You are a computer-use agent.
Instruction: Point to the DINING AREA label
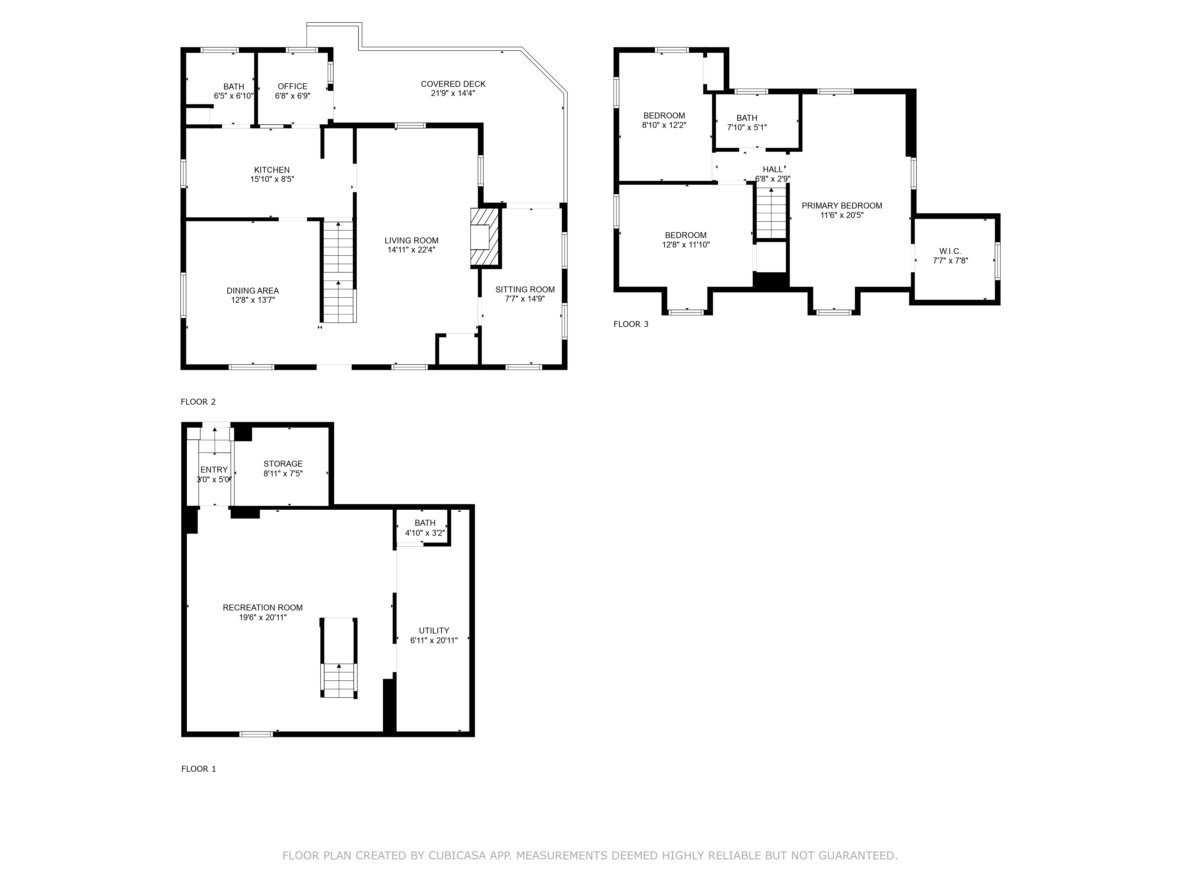[252, 291]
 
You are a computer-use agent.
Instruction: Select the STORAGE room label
[283, 464]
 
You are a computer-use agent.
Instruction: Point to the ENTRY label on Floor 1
[213, 470]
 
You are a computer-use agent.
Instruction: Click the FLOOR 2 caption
[198, 402]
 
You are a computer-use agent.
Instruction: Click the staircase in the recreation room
[338, 679]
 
